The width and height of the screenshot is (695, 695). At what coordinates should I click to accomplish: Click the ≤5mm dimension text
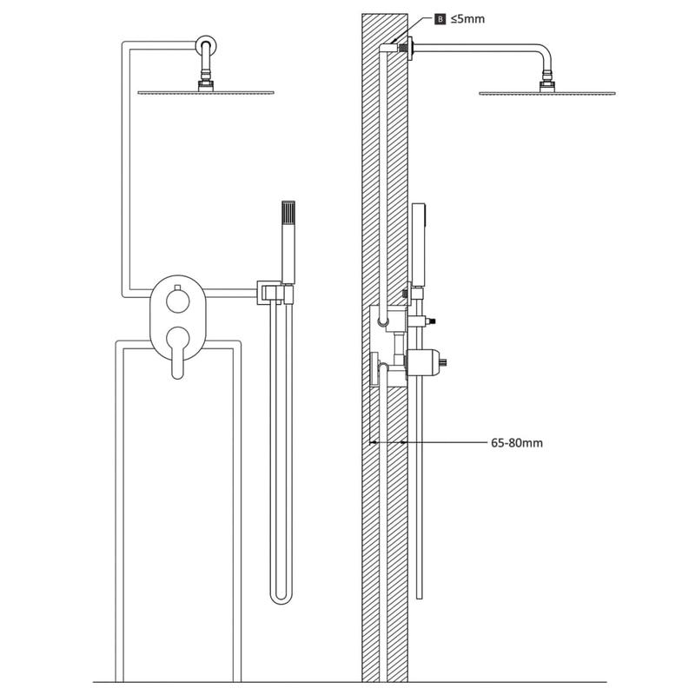click(467, 19)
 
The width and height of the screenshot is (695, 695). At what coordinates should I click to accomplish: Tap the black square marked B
click(440, 19)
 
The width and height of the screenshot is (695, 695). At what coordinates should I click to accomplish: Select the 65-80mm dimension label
click(517, 443)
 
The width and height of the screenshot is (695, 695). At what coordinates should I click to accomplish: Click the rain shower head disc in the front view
click(206, 93)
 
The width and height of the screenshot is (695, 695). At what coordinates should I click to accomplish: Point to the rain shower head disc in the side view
click(547, 94)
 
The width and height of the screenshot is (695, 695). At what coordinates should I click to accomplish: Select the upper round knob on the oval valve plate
click(178, 301)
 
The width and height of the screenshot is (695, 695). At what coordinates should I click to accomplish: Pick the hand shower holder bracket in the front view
click(275, 293)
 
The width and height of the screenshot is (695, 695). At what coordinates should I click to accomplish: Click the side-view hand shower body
click(419, 243)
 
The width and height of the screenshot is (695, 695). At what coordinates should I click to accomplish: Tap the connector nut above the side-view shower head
click(547, 84)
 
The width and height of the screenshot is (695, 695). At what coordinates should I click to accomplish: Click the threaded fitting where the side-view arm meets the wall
click(403, 49)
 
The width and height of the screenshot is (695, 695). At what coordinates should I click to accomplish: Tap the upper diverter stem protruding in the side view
click(422, 321)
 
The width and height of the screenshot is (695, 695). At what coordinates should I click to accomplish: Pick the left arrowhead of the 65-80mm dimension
click(373, 442)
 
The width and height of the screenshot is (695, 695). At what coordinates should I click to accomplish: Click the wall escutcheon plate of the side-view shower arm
click(410, 49)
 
